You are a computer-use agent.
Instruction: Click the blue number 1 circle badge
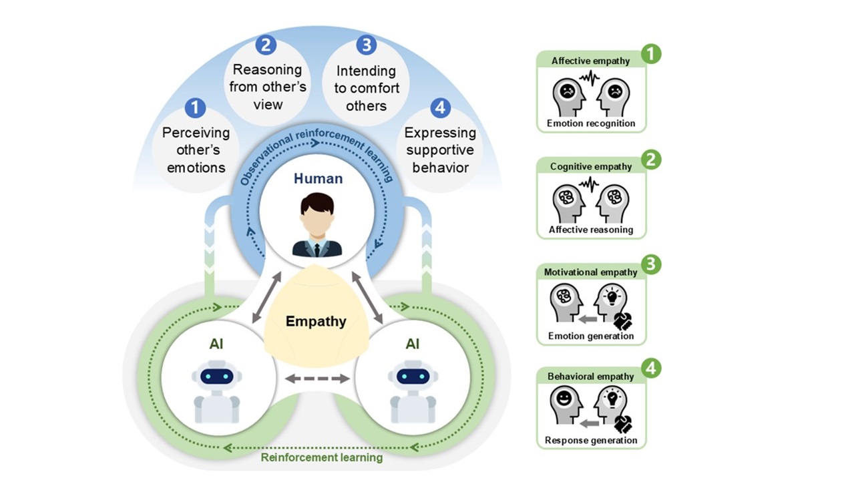point(195,107)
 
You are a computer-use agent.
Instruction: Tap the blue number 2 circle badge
point(266,45)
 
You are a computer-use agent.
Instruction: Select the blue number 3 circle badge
point(366,45)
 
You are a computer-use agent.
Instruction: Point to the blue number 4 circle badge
point(439,107)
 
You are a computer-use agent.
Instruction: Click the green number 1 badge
point(651,54)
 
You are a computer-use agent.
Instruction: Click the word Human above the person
point(317,178)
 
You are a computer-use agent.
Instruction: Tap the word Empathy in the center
point(316,321)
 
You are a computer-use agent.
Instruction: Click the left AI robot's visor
point(216,377)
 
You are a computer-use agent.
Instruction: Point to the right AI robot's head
point(413,375)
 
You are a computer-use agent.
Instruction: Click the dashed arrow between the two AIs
point(317,379)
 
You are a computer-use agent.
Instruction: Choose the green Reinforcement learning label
point(321,458)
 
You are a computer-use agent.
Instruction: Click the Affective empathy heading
point(590,61)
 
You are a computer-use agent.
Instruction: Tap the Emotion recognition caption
point(591,124)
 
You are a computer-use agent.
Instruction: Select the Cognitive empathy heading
point(591,166)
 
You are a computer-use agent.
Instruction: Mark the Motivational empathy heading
point(591,272)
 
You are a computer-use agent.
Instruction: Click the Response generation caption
point(591,441)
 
